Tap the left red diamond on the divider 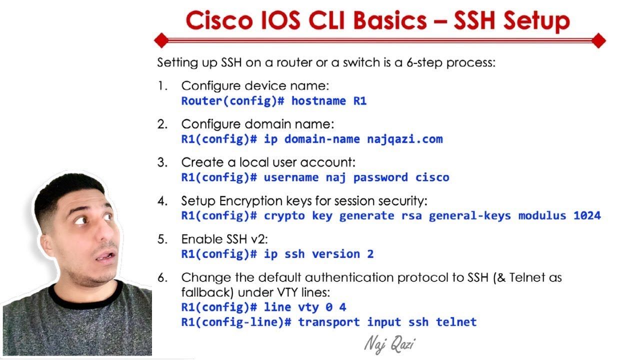coord(161,40)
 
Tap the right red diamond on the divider coord(598,40)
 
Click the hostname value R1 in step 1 coord(360,101)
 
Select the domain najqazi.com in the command coord(405,139)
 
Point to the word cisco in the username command coord(432,177)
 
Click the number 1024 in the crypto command coord(587,215)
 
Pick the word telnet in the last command coord(456,322)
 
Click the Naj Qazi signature coord(389,344)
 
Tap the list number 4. coord(162,201)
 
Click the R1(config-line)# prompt coord(236,322)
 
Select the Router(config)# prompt coord(232,101)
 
